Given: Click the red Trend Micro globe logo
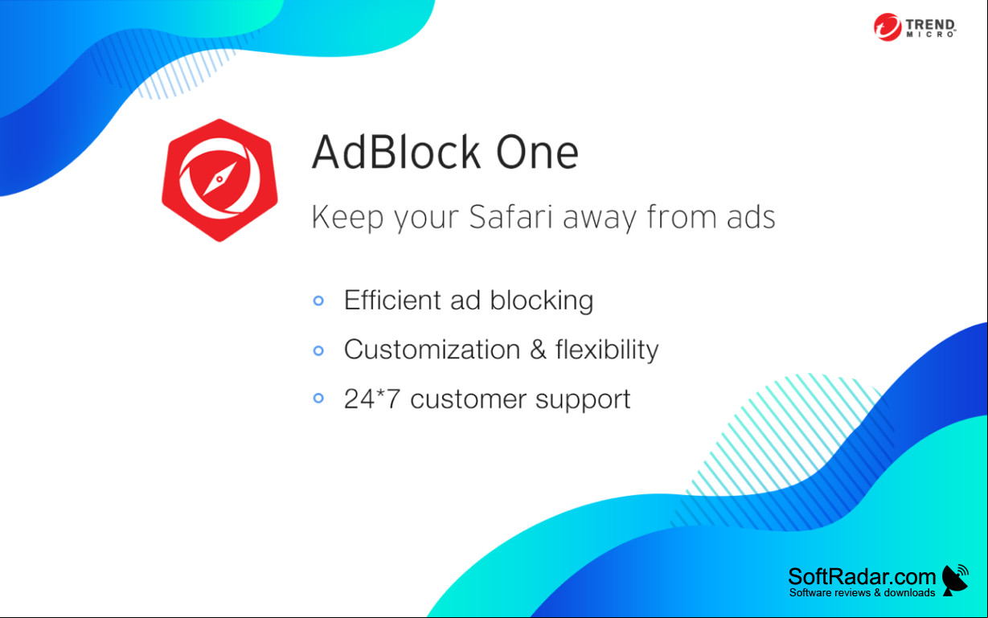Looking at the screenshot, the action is pos(888,27).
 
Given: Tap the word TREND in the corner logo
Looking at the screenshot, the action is pos(930,25).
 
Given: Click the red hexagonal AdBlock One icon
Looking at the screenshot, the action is pos(219,180).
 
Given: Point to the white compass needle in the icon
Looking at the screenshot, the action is pos(219,179).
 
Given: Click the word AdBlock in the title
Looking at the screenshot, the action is pos(396,152).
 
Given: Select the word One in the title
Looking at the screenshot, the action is pos(537,153).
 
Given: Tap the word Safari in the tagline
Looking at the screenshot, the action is pos(510,216).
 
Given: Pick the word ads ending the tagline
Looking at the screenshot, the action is pos(751,216).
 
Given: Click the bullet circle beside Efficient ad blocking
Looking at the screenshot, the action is pos(318,301).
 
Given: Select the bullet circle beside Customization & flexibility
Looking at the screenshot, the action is pos(318,350).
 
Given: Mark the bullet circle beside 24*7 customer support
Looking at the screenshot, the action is pos(318,398).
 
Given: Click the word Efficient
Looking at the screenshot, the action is pos(392,300).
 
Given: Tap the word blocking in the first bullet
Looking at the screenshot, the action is pos(542,301).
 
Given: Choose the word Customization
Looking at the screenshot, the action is pos(433,350).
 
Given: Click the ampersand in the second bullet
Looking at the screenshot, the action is pos(538,350).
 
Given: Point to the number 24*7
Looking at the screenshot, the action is pos(372,399).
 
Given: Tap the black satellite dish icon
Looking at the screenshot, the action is pos(955,579).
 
